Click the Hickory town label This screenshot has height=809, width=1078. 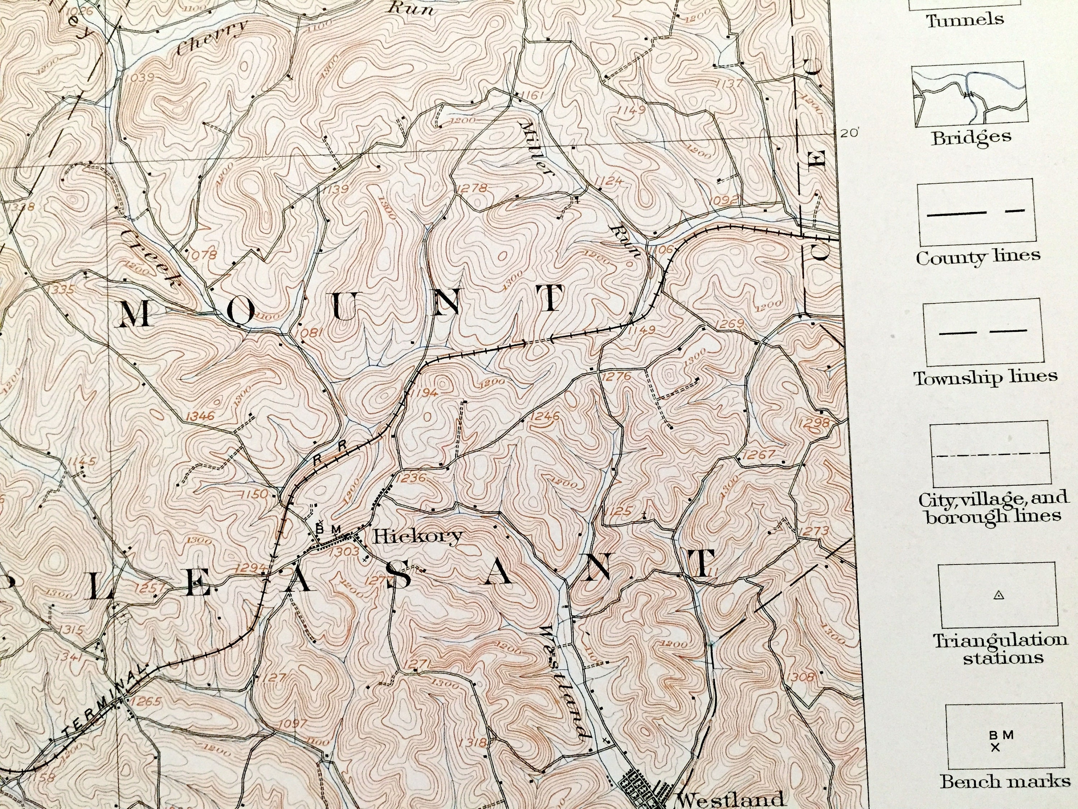(417, 536)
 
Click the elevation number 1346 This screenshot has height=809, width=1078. (200, 416)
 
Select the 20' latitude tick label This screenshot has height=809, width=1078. (849, 133)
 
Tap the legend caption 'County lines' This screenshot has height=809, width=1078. (978, 256)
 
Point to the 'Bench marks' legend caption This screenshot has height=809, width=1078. (1004, 782)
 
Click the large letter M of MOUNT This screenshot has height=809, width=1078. (134, 314)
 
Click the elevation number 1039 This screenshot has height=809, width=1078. (140, 77)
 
